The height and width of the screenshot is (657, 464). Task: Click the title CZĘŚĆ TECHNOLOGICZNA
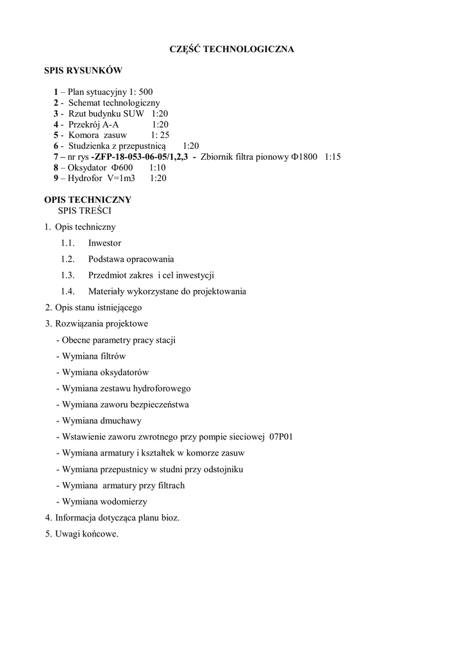(x=231, y=49)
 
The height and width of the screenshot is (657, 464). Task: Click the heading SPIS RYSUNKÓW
(x=83, y=71)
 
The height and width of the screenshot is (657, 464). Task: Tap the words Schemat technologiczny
(x=114, y=103)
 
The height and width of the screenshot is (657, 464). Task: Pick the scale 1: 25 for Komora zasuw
(x=160, y=135)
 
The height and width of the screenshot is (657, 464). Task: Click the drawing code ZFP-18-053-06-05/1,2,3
(x=140, y=157)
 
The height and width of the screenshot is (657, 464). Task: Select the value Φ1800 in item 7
(x=304, y=157)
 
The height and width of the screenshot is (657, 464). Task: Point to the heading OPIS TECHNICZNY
(x=87, y=200)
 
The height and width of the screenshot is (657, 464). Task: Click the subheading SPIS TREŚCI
(x=87, y=210)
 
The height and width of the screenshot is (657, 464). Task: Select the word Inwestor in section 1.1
(x=104, y=243)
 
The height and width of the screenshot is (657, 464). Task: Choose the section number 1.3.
(x=68, y=275)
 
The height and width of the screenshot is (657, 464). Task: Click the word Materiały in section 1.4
(x=107, y=291)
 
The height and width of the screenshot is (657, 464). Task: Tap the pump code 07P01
(x=281, y=437)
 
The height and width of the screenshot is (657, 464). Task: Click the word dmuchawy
(x=120, y=421)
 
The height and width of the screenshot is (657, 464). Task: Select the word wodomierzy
(x=126, y=501)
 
